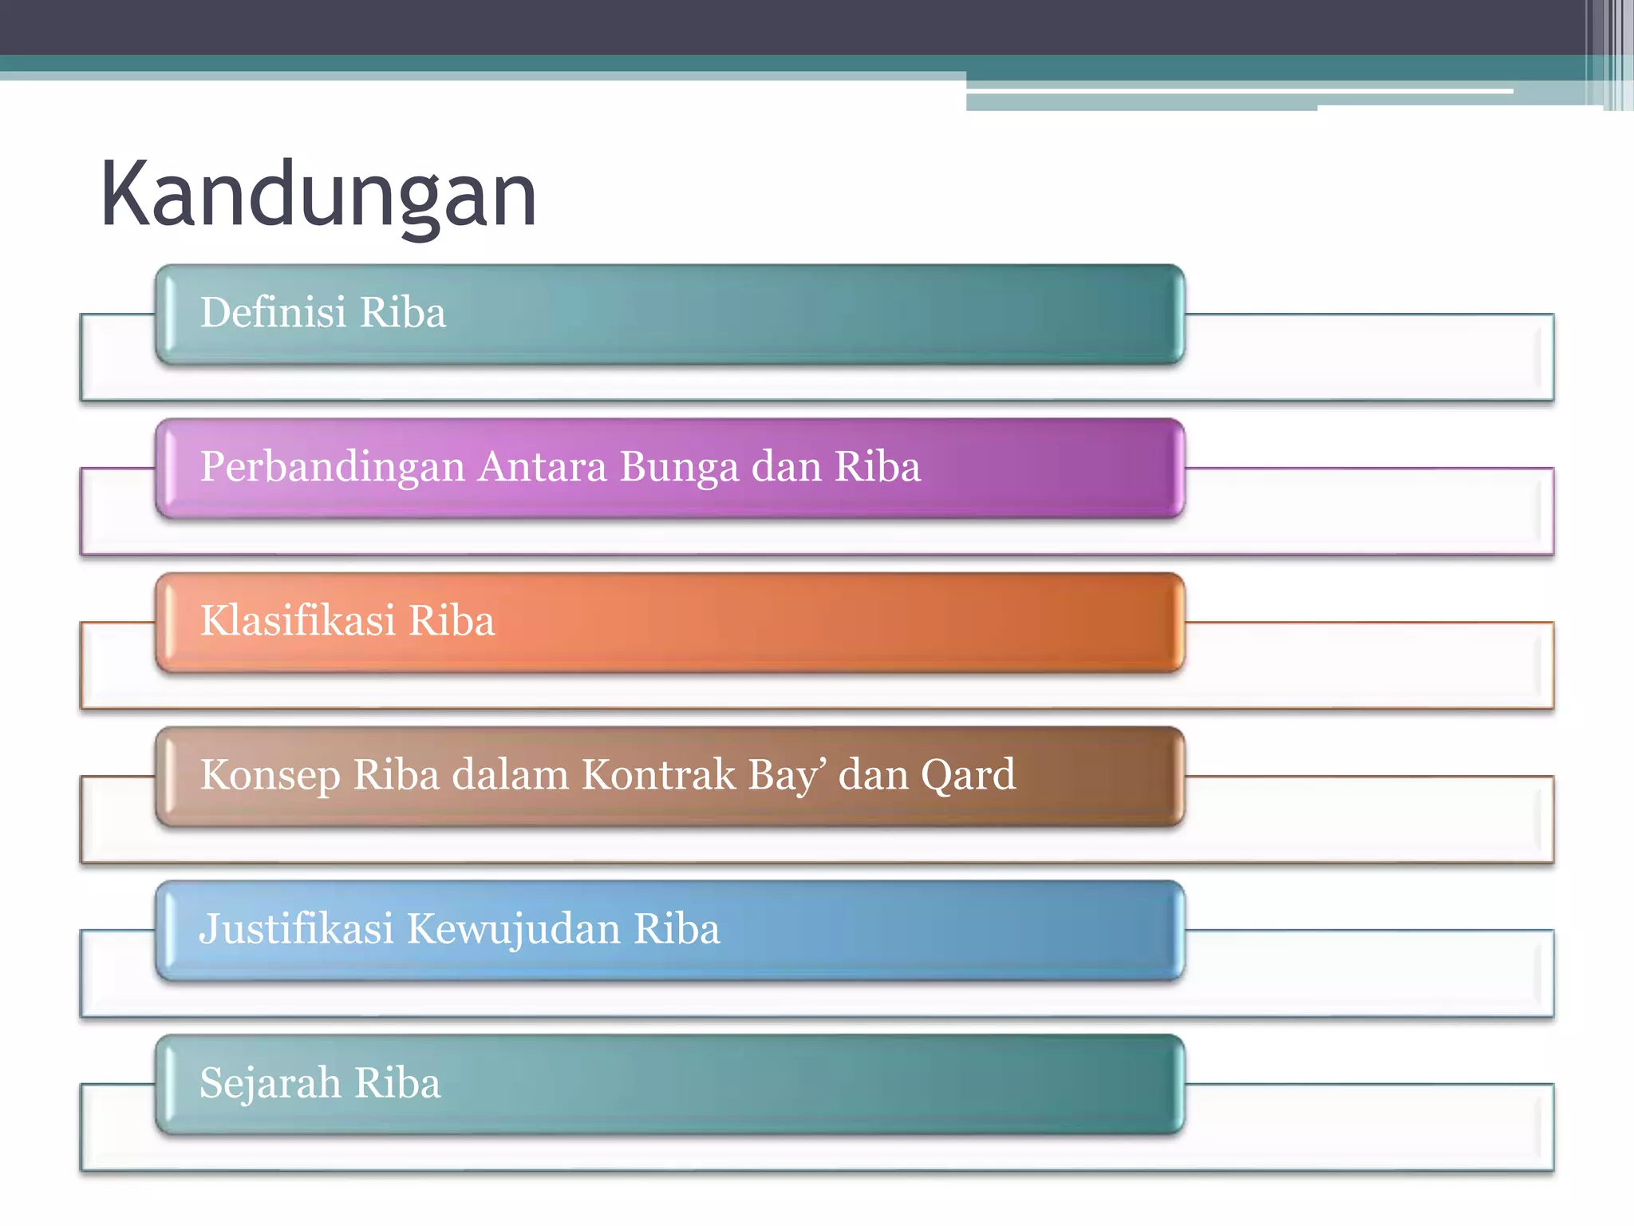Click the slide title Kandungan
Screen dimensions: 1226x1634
pyautogui.click(x=318, y=196)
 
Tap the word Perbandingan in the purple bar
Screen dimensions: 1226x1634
pyautogui.click(x=332, y=467)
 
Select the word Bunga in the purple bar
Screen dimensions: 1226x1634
pyautogui.click(x=679, y=467)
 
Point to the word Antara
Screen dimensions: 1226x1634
pyautogui.click(x=542, y=466)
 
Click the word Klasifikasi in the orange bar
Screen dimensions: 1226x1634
pyautogui.click(x=298, y=621)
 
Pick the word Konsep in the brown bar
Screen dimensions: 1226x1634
pyautogui.click(x=270, y=775)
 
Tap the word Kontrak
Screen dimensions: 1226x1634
pyautogui.click(x=658, y=774)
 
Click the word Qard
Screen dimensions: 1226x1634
pyautogui.click(x=968, y=775)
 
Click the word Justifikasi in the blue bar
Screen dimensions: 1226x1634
pyautogui.click(x=296, y=929)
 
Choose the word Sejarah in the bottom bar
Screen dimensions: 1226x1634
pyautogui.click(x=270, y=1083)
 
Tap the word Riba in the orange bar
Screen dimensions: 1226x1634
pyautogui.click(x=452, y=621)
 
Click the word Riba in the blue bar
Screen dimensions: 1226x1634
pyautogui.click(x=677, y=929)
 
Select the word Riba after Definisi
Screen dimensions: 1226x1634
pyautogui.click(x=403, y=312)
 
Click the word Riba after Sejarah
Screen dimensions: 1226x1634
pyautogui.click(x=397, y=1083)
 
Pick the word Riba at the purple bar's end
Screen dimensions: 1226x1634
pyautogui.click(x=878, y=467)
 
